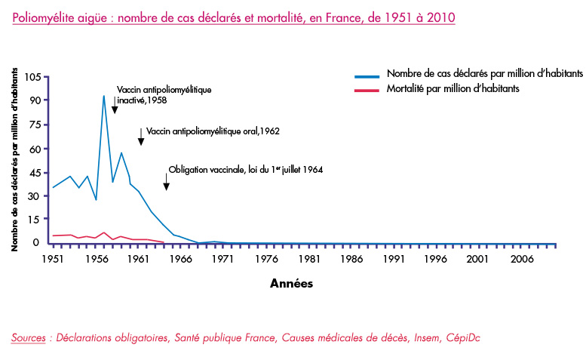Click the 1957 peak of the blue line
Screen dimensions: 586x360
104,96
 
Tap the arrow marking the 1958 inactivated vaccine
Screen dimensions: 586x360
115,105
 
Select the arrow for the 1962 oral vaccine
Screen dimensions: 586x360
141,137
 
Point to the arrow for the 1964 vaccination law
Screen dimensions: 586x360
167,182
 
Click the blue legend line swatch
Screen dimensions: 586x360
367,76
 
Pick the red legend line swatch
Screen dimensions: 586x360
367,90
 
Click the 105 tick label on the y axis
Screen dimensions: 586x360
32,78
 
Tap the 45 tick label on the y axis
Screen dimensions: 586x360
33,173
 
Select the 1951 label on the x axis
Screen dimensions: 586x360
53,259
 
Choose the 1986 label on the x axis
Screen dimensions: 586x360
351,259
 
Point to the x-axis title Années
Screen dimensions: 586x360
292,283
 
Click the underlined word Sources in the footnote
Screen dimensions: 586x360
29,337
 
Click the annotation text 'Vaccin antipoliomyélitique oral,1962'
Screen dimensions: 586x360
213,131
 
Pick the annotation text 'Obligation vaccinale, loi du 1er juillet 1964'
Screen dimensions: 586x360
246,170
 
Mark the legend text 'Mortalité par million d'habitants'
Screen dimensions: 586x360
453,88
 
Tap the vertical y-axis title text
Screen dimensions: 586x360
14,160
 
